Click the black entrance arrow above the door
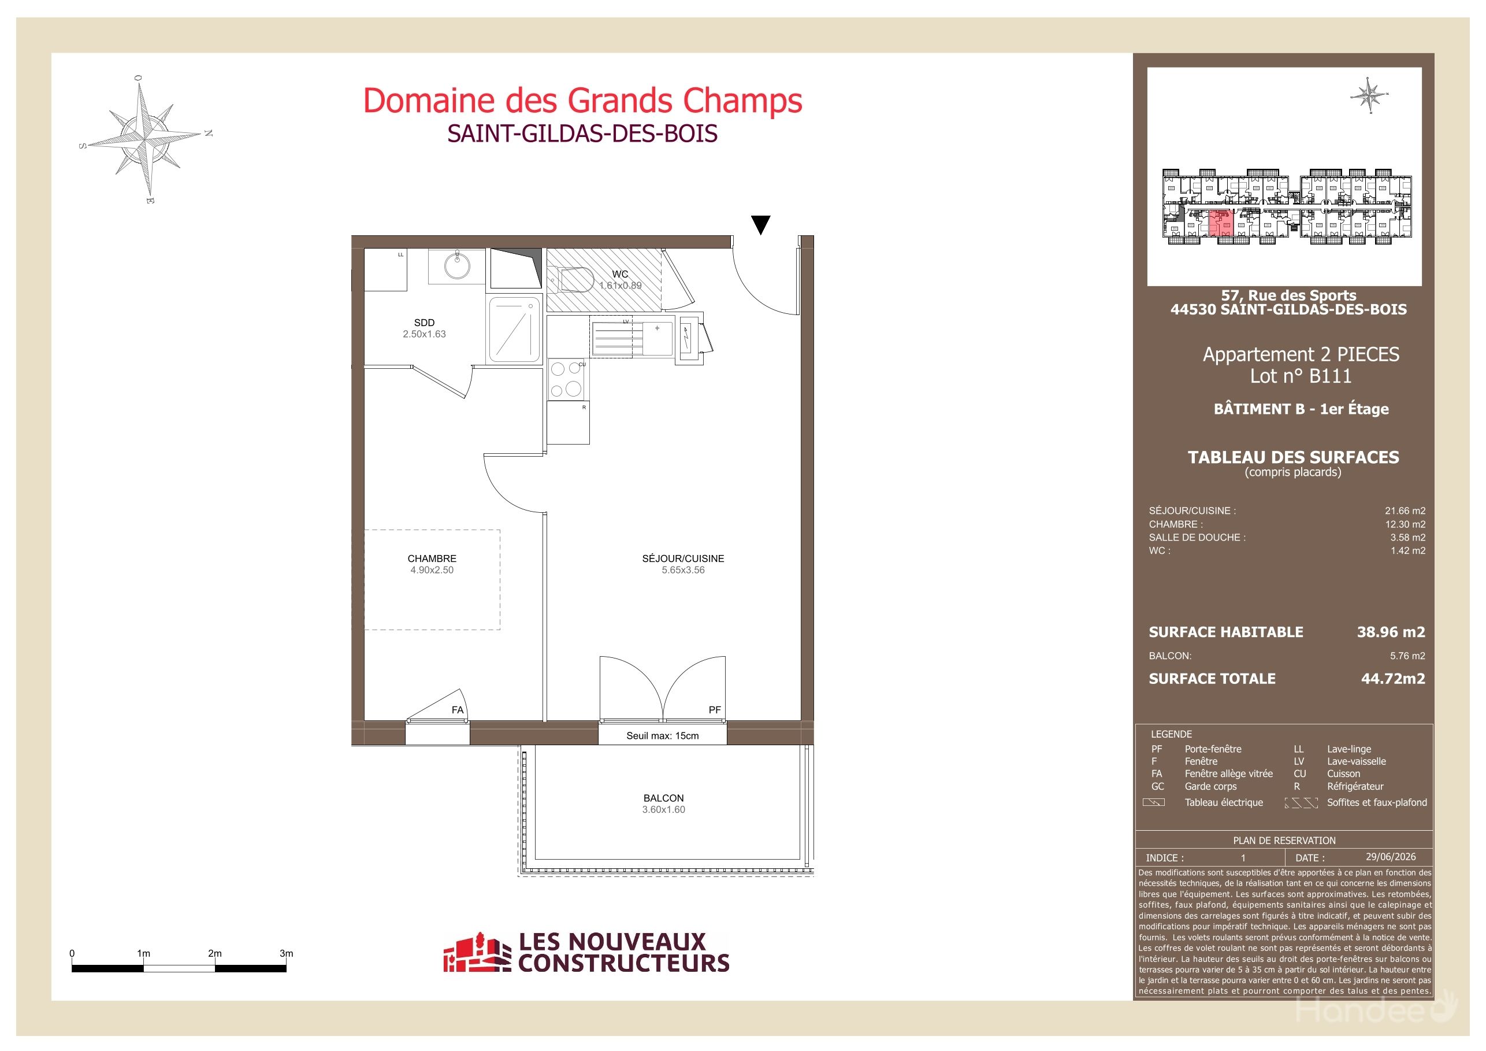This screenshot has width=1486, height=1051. tap(761, 225)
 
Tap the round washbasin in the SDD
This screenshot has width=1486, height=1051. tap(458, 265)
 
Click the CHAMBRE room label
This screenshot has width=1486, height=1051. tap(432, 558)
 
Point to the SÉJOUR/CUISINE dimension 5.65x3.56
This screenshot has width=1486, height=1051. tap(683, 570)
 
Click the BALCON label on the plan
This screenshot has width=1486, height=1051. tap(663, 798)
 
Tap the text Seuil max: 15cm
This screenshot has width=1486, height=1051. tap(662, 735)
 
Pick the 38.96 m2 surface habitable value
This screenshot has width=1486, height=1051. tap(1391, 632)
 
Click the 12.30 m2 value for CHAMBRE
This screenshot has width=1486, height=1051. tap(1405, 524)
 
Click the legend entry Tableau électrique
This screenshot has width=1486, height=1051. tap(1223, 802)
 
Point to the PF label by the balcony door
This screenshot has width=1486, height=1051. tap(715, 710)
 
